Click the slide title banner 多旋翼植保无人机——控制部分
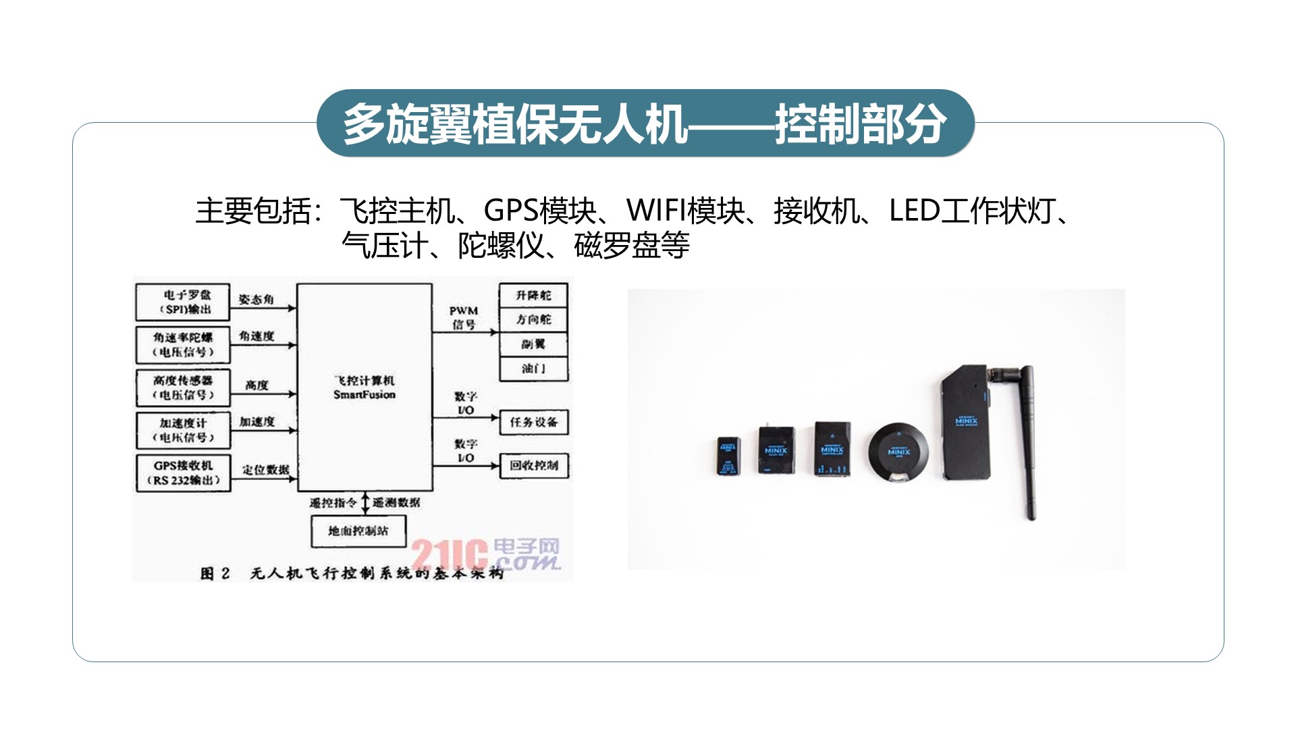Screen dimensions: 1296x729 pos(645,124)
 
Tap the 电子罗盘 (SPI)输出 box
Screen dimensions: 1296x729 pos(183,302)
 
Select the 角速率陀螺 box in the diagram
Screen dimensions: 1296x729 pos(183,344)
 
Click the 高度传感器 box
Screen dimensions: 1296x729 pos(183,387)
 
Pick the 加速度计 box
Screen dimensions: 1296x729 pos(183,430)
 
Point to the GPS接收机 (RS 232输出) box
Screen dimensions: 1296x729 pos(183,473)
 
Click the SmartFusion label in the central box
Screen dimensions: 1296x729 pos(364,395)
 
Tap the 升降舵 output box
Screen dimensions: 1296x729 pos(533,296)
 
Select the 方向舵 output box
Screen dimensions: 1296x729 pos(533,320)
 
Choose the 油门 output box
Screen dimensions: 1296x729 pos(533,369)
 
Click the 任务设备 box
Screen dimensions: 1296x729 pos(533,422)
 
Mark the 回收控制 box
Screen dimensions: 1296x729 pos(533,465)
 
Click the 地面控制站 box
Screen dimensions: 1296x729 pos(358,531)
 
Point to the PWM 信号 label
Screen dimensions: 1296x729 pos(464,317)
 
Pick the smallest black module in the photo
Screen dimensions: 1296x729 pos(728,456)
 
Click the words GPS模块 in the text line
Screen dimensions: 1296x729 pos(540,211)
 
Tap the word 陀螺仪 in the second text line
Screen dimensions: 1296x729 pos(501,246)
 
